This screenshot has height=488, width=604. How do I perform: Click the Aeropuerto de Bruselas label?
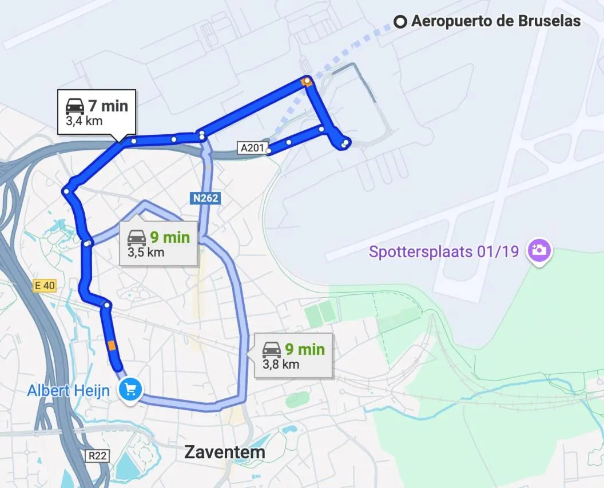(496, 22)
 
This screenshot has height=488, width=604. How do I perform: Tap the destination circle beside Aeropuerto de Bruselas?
(401, 22)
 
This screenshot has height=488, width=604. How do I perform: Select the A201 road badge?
(252, 149)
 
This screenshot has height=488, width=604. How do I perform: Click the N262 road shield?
(205, 198)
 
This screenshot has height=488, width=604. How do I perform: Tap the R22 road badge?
(98, 456)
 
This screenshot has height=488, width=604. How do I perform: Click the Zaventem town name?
(225, 452)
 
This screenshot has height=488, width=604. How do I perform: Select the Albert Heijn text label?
(69, 391)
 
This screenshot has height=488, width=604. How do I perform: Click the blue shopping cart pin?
(130, 390)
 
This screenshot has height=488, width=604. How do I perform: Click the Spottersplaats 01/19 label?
(444, 251)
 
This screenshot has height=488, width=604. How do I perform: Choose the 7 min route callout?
(97, 112)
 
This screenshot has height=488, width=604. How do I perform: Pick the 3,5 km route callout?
(158, 243)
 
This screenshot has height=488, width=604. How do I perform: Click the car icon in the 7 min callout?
(75, 106)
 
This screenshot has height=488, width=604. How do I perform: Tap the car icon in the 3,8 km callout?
(272, 349)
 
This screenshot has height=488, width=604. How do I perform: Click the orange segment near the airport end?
(307, 82)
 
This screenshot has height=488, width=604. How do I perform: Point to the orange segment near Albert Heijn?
(112, 345)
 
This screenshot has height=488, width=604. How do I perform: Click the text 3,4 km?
(84, 121)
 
